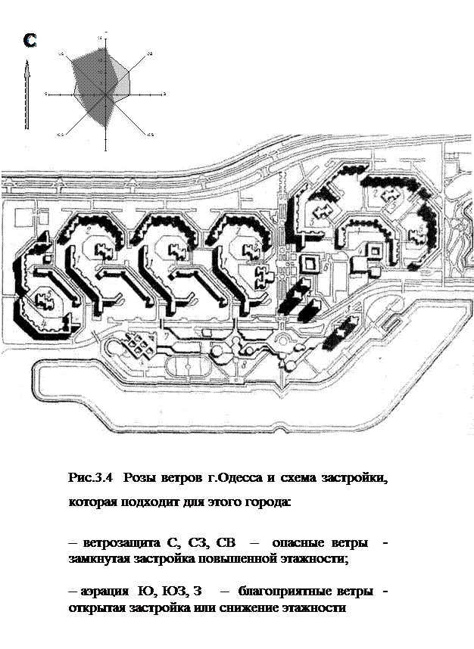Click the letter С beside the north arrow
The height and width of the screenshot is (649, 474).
[31, 42]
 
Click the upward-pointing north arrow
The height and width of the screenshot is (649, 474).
[28, 95]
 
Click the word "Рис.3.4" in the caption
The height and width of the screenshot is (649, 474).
[90, 478]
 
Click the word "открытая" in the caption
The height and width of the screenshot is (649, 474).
[95, 607]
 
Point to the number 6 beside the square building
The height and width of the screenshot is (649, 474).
[324, 267]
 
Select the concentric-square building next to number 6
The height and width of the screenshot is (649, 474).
[310, 264]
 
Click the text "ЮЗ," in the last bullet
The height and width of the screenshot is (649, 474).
[175, 593]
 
